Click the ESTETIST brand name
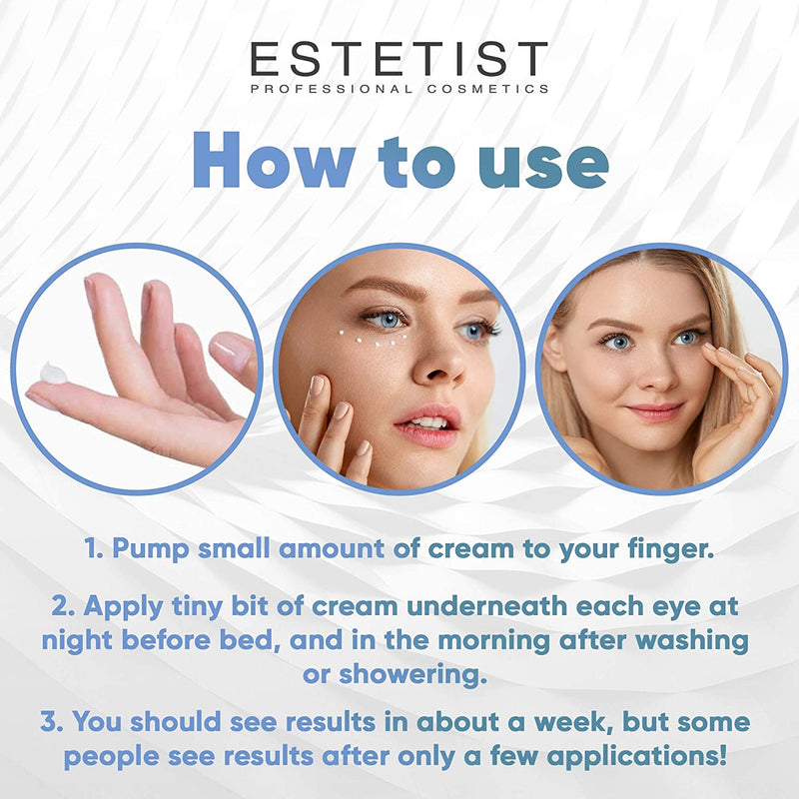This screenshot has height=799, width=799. click(x=399, y=59)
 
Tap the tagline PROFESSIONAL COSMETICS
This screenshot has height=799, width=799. click(x=399, y=89)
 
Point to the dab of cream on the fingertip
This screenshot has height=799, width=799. click(x=53, y=375)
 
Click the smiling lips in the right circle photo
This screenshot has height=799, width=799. click(x=653, y=410)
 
